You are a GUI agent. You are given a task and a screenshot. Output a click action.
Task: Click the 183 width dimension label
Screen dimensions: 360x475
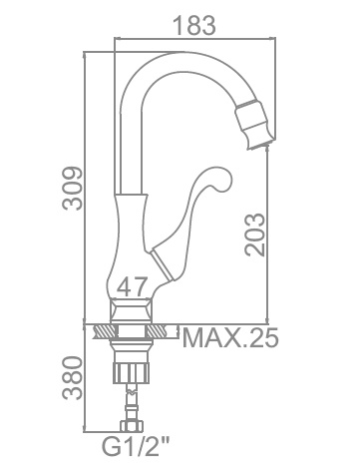(x=194, y=25)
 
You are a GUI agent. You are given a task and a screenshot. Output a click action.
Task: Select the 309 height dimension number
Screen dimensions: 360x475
(x=73, y=189)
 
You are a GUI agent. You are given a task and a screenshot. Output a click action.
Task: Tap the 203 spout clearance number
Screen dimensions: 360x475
(x=255, y=235)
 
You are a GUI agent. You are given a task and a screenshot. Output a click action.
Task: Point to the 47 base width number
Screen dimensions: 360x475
(x=133, y=287)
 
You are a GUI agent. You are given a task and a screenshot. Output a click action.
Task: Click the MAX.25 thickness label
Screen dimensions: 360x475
(x=230, y=338)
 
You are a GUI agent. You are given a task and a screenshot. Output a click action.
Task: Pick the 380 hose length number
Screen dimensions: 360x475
(x=73, y=378)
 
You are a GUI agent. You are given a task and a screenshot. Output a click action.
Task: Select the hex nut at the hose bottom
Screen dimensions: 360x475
(x=133, y=426)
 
